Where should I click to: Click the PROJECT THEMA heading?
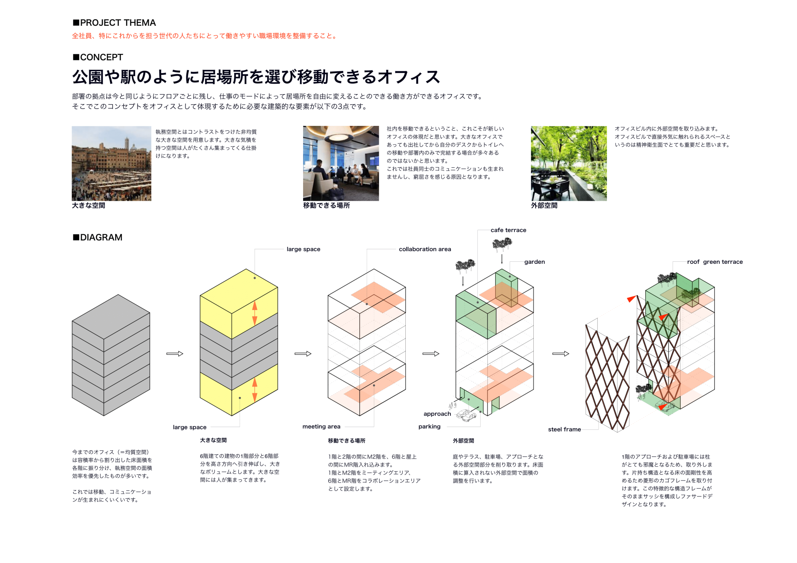pyautogui.click(x=114, y=23)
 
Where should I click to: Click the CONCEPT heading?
pyautogui.click(x=97, y=57)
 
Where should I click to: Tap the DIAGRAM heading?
pyautogui.click(x=97, y=237)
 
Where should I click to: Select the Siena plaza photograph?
pyautogui.click(x=111, y=163)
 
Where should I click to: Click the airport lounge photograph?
pyautogui.click(x=341, y=163)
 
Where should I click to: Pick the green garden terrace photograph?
pyautogui.click(x=569, y=163)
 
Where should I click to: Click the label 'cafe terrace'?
pyautogui.click(x=508, y=230)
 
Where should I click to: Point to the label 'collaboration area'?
pyautogui.click(x=425, y=249)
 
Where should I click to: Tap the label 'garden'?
pyautogui.click(x=535, y=262)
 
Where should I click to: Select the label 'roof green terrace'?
pyautogui.click(x=715, y=262)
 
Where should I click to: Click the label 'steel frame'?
pyautogui.click(x=564, y=429)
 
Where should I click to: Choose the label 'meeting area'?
pyautogui.click(x=321, y=426)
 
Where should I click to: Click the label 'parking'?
pyautogui.click(x=429, y=426)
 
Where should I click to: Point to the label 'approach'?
pyautogui.click(x=437, y=414)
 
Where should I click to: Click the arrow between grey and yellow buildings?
pyautogui.click(x=175, y=353)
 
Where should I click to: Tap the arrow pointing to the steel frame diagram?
pyautogui.click(x=561, y=353)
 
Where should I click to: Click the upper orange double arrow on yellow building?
pyautogui.click(x=255, y=313)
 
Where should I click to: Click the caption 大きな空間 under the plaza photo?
pyautogui.click(x=89, y=205)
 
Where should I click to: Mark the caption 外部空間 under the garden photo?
pyautogui.click(x=544, y=205)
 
